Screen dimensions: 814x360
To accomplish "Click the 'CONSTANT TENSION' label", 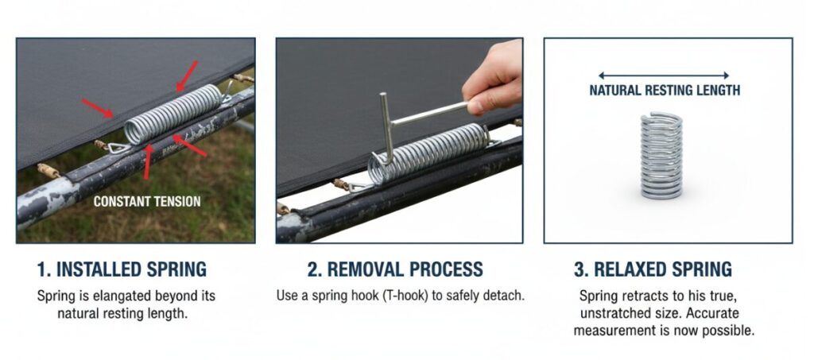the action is [x=147, y=201].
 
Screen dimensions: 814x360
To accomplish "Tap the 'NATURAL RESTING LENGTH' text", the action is [x=665, y=91].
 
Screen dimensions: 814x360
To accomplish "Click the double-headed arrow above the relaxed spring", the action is [x=664, y=75].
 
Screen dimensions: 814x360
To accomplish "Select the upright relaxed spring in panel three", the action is [x=661, y=156].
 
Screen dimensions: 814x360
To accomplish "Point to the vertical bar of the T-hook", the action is [x=386, y=128].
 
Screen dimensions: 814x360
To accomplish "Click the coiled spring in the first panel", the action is [x=173, y=114].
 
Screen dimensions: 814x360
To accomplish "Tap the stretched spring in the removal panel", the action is [x=428, y=153].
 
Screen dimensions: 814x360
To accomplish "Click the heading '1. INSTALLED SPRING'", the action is [x=122, y=269].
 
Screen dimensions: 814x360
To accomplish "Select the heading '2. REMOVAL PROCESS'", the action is [x=395, y=269].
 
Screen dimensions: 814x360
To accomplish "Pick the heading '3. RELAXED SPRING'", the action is [x=653, y=269].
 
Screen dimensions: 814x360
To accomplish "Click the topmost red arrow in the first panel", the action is [x=187, y=75].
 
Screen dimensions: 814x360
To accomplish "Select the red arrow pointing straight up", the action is [x=147, y=162].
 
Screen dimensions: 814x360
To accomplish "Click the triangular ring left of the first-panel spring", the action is [x=118, y=149].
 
